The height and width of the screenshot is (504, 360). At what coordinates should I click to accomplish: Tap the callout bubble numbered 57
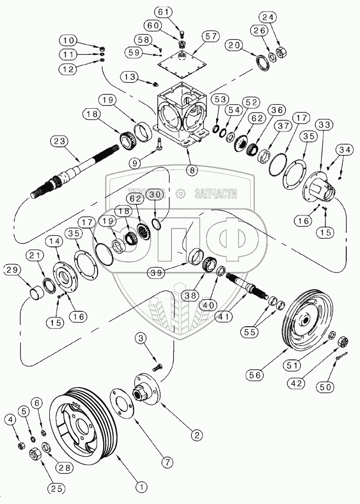211,36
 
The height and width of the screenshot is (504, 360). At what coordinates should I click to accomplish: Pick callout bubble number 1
141,487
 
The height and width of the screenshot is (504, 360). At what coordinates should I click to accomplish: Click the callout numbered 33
324,124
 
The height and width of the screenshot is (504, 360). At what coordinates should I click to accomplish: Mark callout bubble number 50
325,387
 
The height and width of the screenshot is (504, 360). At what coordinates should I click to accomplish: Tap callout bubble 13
130,77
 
